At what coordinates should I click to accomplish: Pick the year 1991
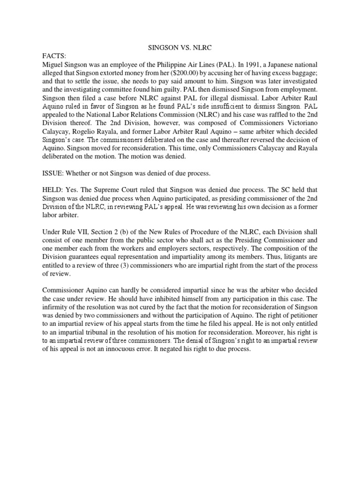pos(240,64)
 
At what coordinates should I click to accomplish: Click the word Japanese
pos(272,64)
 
